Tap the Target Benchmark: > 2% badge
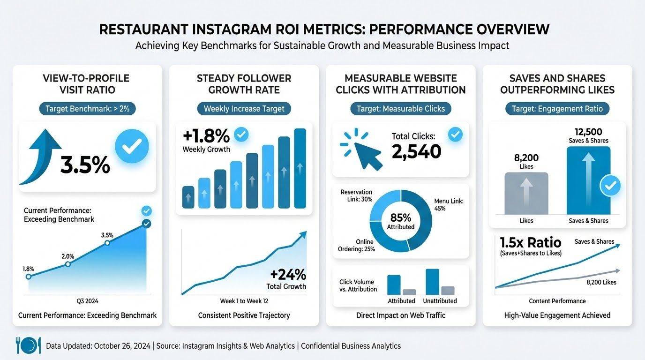[x=90, y=109]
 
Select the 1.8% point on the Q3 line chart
[x=29, y=277]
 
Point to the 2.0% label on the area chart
[x=68, y=256]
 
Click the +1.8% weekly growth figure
[x=206, y=136]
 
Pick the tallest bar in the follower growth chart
[x=300, y=168]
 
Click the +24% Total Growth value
[x=288, y=274]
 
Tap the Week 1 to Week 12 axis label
[x=244, y=301]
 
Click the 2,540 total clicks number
[x=416, y=151]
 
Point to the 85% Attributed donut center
[x=401, y=221]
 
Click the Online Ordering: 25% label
[x=356, y=245]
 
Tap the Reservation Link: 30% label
[x=356, y=195]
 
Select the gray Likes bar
[x=526, y=193]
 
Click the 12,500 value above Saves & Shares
[x=588, y=132]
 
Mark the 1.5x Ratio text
[x=530, y=242]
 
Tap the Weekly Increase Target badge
[x=244, y=109]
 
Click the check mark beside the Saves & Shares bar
[x=610, y=186]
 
